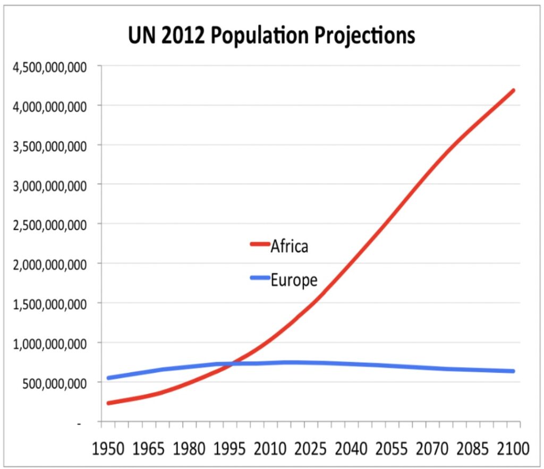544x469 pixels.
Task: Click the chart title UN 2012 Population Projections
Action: pyautogui.click(x=271, y=36)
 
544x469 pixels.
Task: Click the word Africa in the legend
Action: pyautogui.click(x=289, y=246)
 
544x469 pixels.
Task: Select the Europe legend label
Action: pyautogui.click(x=293, y=280)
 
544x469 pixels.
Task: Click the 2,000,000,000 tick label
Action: pyautogui.click(x=48, y=263)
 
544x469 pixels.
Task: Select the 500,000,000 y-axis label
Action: pyautogui.click(x=52, y=382)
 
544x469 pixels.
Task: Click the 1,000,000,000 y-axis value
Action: pyautogui.click(x=48, y=343)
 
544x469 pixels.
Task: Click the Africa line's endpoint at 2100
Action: pyautogui.click(x=513, y=91)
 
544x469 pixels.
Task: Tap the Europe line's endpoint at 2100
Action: pyautogui.click(x=513, y=371)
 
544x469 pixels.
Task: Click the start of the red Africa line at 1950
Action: pyautogui.click(x=109, y=403)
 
